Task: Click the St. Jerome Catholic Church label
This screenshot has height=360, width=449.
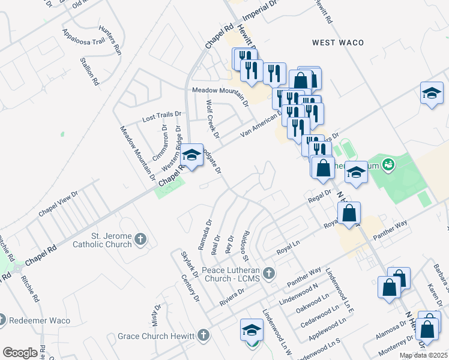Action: (x=102, y=240)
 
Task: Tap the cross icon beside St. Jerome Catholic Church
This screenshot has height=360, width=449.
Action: (x=140, y=240)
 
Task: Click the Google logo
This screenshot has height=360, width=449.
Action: (x=20, y=353)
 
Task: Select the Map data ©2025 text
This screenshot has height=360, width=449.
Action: (x=423, y=355)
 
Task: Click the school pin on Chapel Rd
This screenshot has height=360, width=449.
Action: (x=192, y=156)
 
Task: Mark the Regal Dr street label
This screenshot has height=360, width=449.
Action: (x=319, y=197)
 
